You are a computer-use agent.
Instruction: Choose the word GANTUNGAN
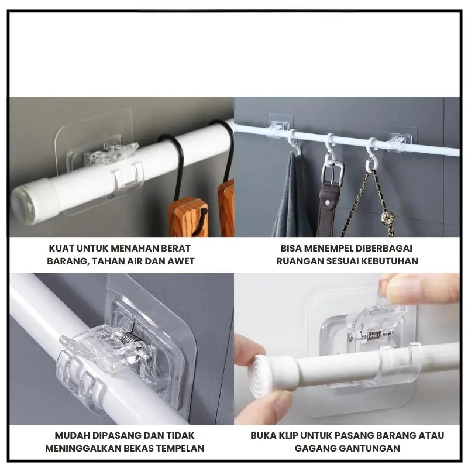[369, 448]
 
